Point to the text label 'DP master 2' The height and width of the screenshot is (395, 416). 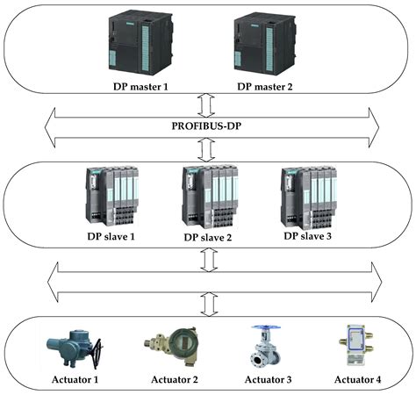pyautogui.click(x=269, y=87)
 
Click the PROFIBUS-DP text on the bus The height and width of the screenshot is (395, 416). pyautogui.click(x=208, y=126)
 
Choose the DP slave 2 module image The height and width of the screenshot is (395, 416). pyautogui.click(x=209, y=194)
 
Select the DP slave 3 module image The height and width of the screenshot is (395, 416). pyautogui.click(x=308, y=194)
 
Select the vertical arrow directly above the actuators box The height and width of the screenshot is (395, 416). pyautogui.click(x=208, y=303)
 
